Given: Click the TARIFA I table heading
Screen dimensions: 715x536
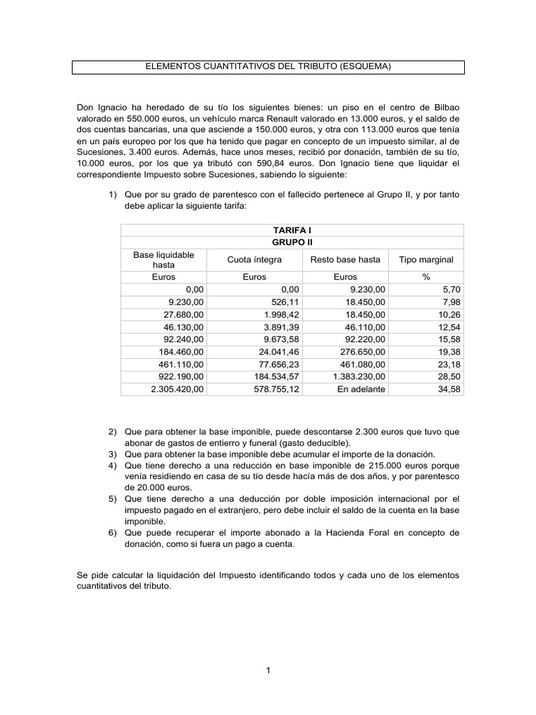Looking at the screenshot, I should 292,230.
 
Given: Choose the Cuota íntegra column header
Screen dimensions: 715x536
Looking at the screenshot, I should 254,260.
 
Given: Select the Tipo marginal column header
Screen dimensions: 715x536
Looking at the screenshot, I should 426,260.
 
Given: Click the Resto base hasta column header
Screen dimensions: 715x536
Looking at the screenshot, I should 345,260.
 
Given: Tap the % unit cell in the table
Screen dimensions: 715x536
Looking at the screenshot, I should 426,277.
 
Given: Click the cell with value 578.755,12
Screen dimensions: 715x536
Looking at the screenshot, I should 276,390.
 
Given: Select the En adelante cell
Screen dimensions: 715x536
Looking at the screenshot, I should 361,390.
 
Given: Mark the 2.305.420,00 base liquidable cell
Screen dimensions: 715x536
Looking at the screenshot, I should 177,390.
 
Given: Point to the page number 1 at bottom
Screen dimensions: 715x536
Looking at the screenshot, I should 268,670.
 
